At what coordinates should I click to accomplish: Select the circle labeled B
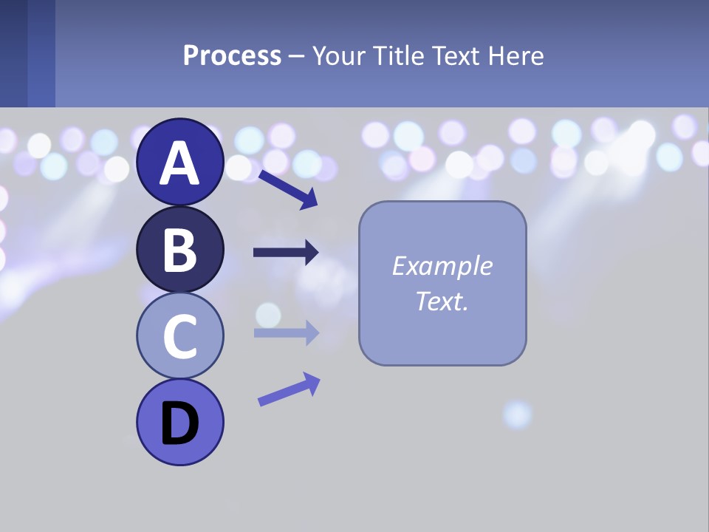point(179,250)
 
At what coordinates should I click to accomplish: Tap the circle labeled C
point(179,336)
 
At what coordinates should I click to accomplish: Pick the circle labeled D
point(179,422)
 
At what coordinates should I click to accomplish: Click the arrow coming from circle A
point(288,189)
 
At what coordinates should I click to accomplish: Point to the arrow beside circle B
point(286,253)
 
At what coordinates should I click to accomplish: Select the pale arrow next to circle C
point(286,332)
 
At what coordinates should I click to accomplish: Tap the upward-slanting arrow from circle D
point(289,389)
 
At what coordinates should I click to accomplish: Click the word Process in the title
point(232,56)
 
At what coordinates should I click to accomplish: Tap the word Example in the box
point(442,266)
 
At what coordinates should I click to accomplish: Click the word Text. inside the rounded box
point(442,301)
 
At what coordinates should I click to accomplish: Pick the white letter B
point(179,250)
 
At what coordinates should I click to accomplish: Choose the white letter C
point(179,337)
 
